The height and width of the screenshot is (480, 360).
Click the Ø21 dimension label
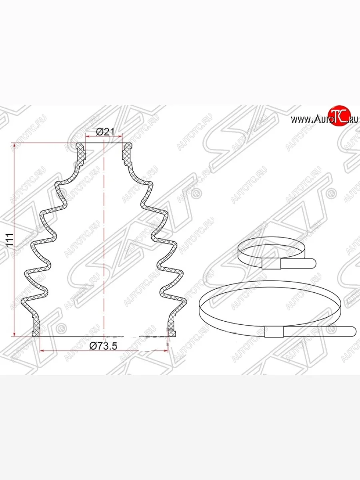click(x=105, y=132)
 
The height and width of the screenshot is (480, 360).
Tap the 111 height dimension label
click(x=10, y=240)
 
